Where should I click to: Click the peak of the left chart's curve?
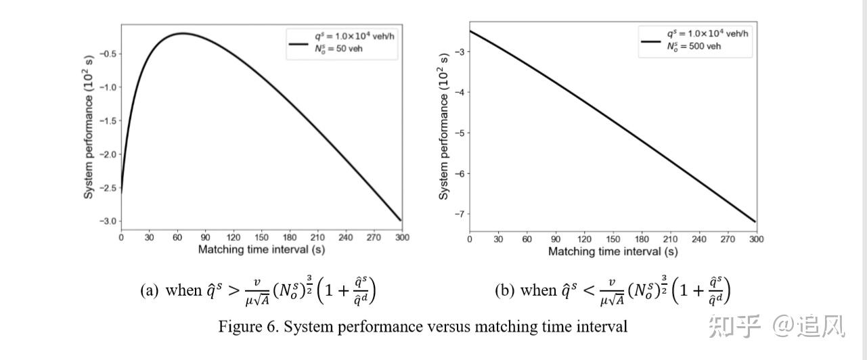click(x=181, y=33)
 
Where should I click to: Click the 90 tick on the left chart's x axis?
click(x=205, y=238)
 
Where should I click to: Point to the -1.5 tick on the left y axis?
click(x=108, y=120)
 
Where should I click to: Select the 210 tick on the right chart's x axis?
click(x=671, y=239)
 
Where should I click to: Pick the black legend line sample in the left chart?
click(x=299, y=43)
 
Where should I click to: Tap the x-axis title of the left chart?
click(x=262, y=250)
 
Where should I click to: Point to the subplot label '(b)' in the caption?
click(x=504, y=291)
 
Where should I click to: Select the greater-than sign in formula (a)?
click(x=232, y=291)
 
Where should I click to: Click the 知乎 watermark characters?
click(x=734, y=327)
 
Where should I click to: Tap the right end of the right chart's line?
click(x=755, y=221)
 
